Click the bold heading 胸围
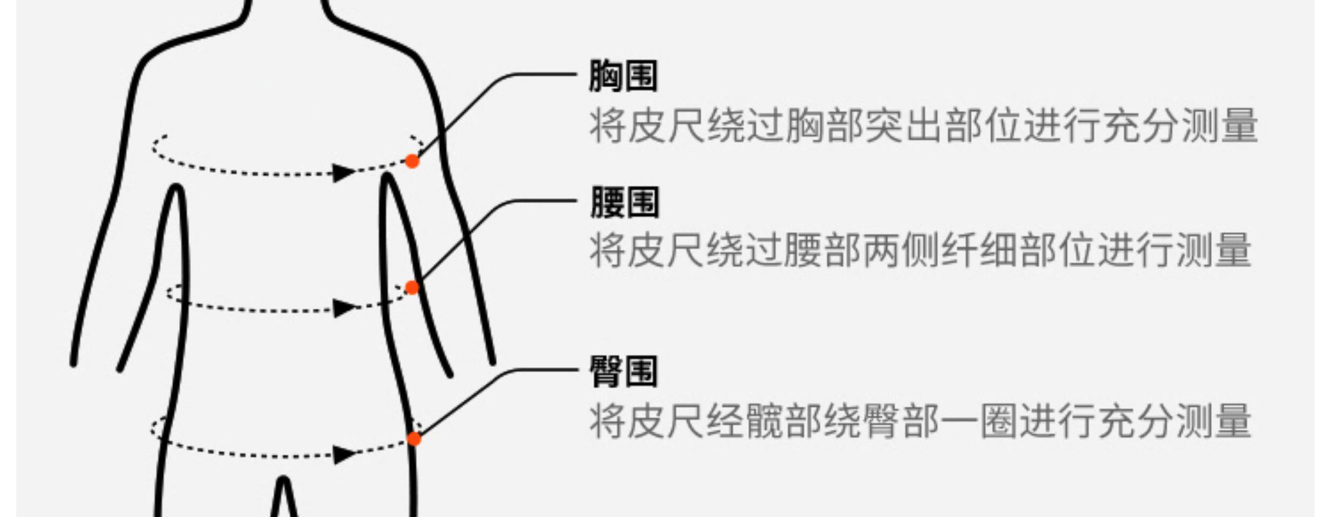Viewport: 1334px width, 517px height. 623,75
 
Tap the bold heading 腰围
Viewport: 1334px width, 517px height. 624,202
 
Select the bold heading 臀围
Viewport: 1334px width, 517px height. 623,372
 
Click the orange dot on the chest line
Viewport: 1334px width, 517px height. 412,161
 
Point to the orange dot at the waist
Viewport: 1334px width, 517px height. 412,288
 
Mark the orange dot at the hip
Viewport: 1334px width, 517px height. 414,439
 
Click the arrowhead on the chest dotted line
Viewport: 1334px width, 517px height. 343,172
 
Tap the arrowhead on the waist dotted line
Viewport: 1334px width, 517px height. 343,308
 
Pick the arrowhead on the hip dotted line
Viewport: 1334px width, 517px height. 343,455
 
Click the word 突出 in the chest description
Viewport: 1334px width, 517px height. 904,126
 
